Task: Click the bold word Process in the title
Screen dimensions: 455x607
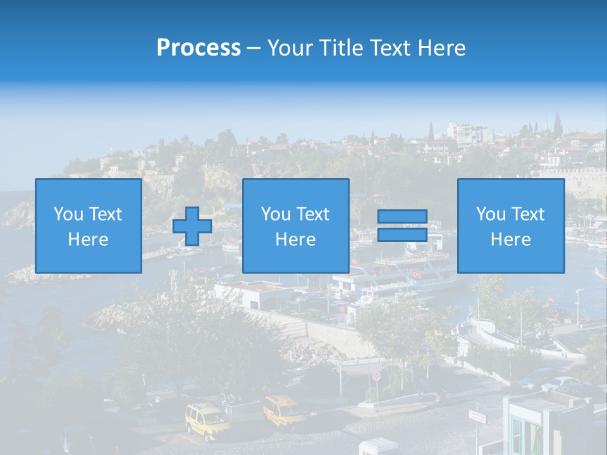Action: pyautogui.click(x=199, y=48)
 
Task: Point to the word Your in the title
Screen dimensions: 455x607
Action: pyautogui.click(x=291, y=48)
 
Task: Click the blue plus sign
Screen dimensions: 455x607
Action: pyautogui.click(x=192, y=226)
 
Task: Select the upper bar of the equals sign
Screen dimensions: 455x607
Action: pyautogui.click(x=402, y=217)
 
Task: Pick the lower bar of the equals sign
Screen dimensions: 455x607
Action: pyautogui.click(x=402, y=235)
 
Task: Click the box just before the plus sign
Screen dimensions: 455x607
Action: pyautogui.click(x=88, y=226)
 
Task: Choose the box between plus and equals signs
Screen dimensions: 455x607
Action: pyautogui.click(x=295, y=226)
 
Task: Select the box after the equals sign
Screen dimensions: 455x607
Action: pyautogui.click(x=510, y=226)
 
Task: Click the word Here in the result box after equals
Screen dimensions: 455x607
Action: pyautogui.click(x=510, y=240)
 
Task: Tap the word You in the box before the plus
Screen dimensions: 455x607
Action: pyautogui.click(x=67, y=214)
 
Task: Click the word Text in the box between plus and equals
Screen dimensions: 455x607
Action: pyautogui.click(x=313, y=214)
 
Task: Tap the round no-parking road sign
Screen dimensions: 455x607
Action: pyautogui.click(x=377, y=375)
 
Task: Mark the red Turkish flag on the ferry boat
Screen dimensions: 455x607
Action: pyautogui.click(x=416, y=276)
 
